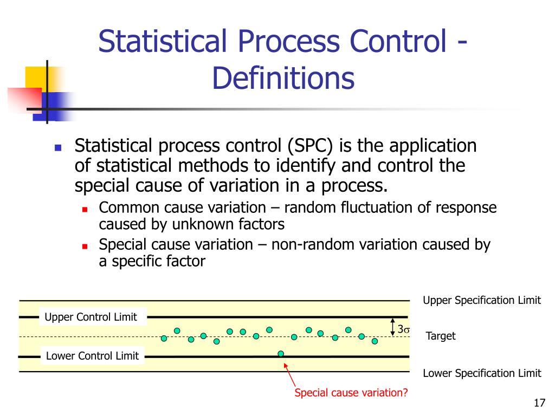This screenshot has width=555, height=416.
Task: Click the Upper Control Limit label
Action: [x=91, y=317]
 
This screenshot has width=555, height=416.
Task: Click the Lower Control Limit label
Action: [x=92, y=356]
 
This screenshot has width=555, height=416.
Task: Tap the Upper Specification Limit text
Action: [x=481, y=301]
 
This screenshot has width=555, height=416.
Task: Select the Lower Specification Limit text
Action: [x=481, y=373]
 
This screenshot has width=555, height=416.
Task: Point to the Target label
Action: [x=440, y=336]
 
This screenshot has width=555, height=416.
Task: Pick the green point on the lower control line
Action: [x=281, y=354]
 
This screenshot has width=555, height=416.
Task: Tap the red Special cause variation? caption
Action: [x=351, y=393]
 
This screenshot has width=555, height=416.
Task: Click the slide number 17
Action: [x=539, y=403]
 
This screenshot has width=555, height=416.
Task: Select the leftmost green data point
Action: [x=164, y=339]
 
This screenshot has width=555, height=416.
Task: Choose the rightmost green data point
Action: [x=375, y=341]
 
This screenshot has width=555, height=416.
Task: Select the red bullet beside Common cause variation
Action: [x=85, y=209]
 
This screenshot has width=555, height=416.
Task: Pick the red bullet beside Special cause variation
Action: [x=85, y=246]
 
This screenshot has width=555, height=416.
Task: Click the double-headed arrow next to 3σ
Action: [x=393, y=327]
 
